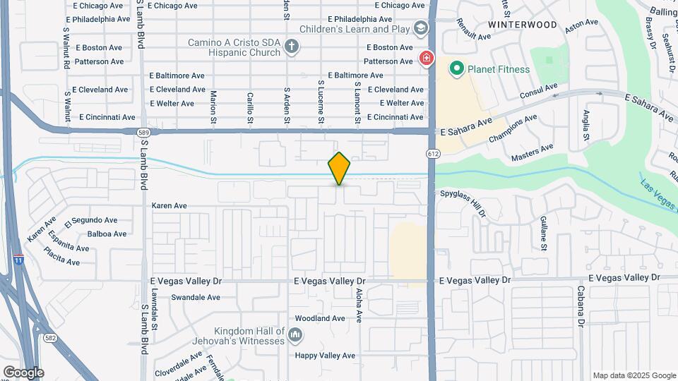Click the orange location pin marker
coord(339,168)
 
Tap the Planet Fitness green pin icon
coord(456,68)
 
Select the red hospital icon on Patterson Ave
coord(425,59)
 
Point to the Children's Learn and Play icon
coord(422,28)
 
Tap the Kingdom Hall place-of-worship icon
coord(296,334)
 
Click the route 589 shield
coord(143,132)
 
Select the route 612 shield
coord(433,154)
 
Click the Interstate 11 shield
coord(18,260)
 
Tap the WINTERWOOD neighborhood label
coord(522,25)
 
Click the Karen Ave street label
coord(169,206)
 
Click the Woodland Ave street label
coord(319,318)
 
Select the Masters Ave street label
coord(532,152)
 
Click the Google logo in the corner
coord(23,372)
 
